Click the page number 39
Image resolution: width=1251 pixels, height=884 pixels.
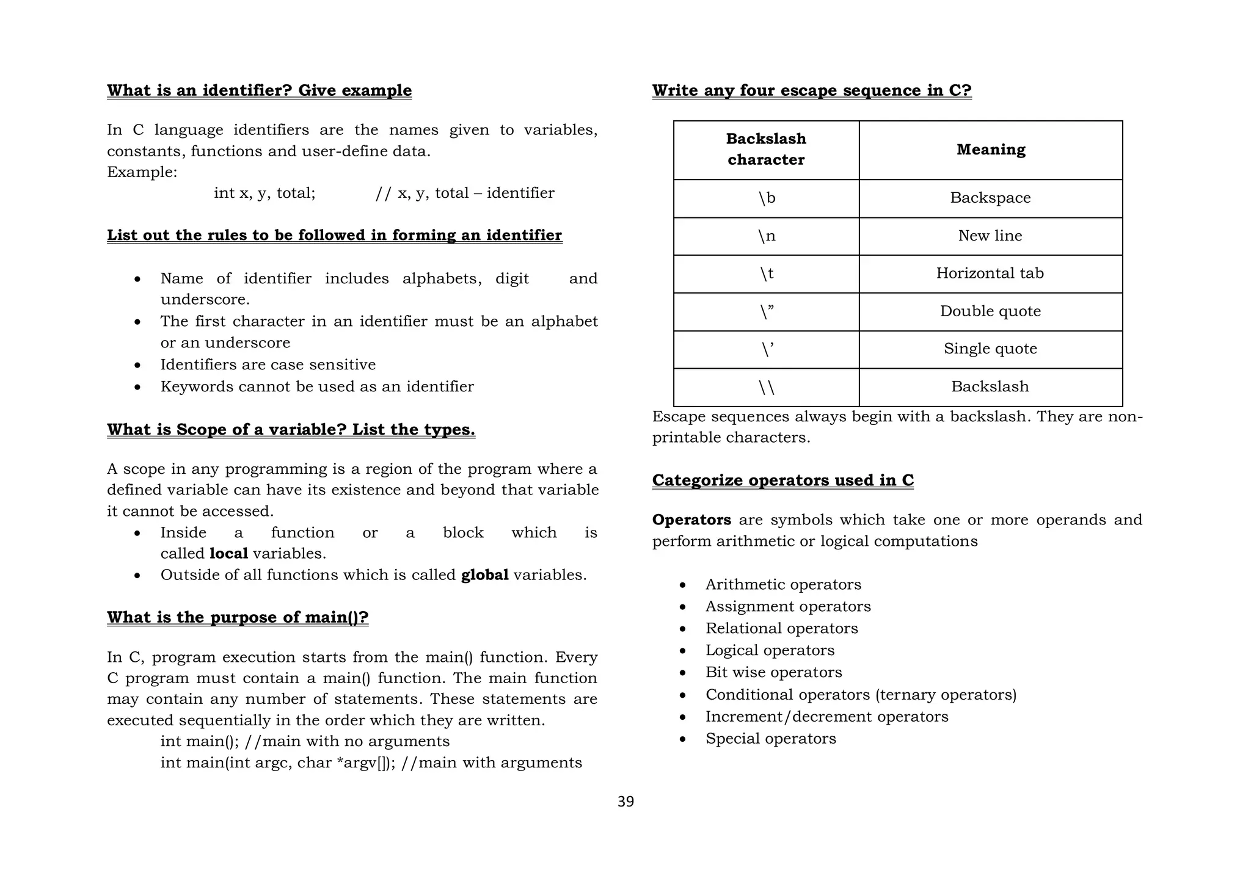click(x=625, y=802)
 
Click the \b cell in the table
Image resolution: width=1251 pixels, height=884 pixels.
click(x=766, y=198)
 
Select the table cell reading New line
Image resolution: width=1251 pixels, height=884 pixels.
click(x=990, y=236)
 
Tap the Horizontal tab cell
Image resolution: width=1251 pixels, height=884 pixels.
click(x=990, y=273)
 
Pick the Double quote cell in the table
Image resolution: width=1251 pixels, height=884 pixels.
click(x=990, y=311)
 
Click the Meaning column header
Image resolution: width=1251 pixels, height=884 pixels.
click(x=990, y=150)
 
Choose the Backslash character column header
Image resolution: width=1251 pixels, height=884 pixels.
click(x=766, y=149)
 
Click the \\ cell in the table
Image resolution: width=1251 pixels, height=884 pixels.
click(x=766, y=387)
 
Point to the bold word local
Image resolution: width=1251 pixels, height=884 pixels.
click(x=228, y=554)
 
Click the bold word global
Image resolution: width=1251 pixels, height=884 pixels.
click(x=484, y=575)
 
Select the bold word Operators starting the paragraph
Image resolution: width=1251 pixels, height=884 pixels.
click(x=691, y=520)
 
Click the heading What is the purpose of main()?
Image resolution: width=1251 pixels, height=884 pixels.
click(x=238, y=617)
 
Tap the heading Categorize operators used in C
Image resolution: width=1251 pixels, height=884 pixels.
click(x=782, y=480)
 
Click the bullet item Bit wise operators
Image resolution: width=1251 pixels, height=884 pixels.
click(x=773, y=672)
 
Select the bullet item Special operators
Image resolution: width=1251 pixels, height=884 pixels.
click(x=770, y=739)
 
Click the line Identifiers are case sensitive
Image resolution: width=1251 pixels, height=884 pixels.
click(x=268, y=364)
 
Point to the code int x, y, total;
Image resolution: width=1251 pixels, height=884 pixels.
click(x=264, y=193)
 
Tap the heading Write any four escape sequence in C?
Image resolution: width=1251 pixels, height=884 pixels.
click(x=811, y=90)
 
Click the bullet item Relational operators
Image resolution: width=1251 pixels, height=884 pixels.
click(x=781, y=628)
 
